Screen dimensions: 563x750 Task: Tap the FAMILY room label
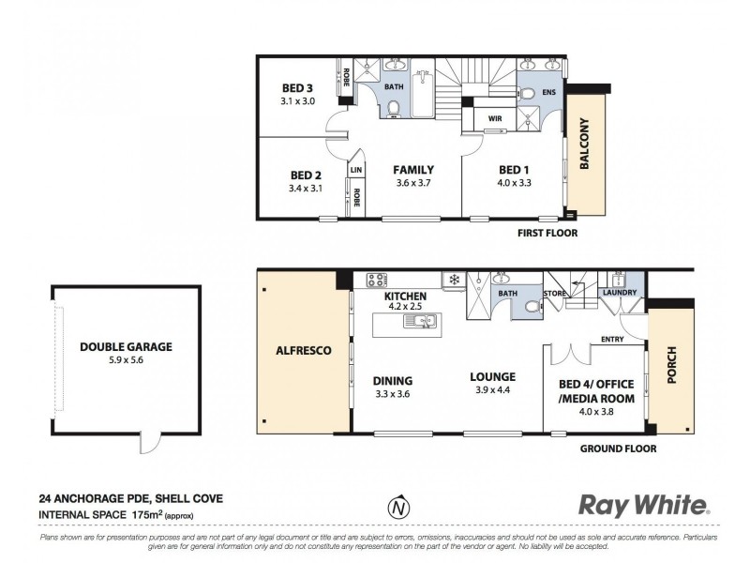412,170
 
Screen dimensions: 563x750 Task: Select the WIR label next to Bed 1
493,119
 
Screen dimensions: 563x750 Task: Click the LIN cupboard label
356,170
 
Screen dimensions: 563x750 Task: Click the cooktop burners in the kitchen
376,279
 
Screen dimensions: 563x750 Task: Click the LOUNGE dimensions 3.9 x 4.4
494,390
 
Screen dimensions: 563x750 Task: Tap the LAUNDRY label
621,293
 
